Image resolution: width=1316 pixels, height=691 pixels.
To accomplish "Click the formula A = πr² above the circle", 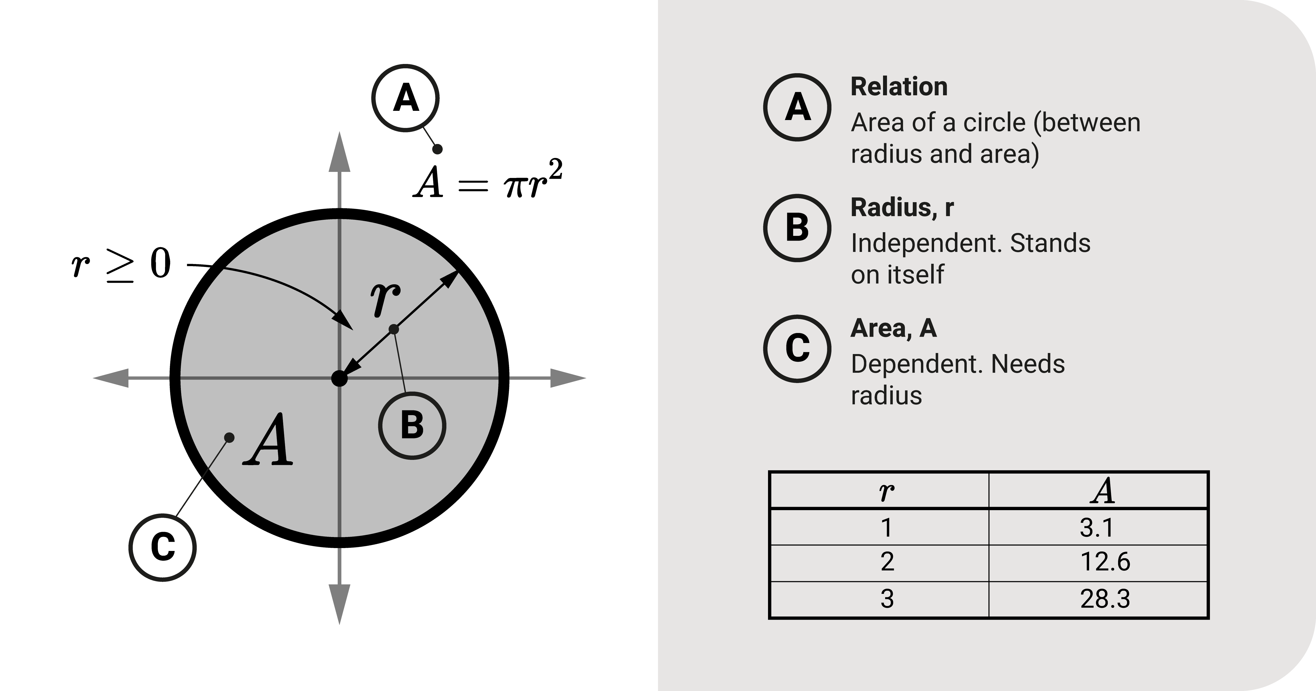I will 488,181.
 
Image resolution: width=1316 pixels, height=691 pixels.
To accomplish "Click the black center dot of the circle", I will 339,379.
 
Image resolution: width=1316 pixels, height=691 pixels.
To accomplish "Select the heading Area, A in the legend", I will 893,328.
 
